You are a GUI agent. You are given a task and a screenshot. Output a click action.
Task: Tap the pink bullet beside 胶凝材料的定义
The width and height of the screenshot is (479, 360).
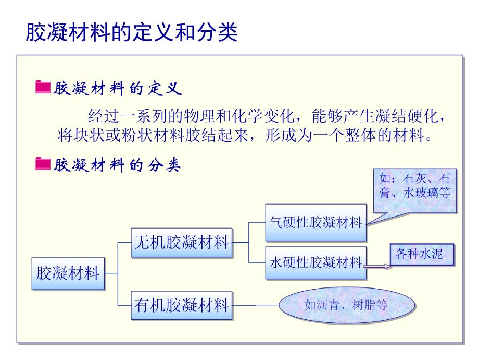(x=42, y=88)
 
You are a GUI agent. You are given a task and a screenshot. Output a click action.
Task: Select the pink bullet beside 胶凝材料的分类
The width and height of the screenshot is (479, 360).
(x=42, y=164)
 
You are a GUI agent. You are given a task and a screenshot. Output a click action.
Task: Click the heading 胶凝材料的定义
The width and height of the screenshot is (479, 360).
(x=117, y=88)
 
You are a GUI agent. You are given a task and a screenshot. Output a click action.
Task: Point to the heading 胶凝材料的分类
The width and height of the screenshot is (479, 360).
(x=117, y=165)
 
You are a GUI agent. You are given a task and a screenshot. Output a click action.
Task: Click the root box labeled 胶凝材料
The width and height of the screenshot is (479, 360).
(x=68, y=273)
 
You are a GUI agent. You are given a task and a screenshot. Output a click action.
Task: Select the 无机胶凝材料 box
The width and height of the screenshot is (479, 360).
(x=181, y=242)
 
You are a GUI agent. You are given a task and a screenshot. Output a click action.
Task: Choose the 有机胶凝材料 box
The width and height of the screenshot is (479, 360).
(x=181, y=305)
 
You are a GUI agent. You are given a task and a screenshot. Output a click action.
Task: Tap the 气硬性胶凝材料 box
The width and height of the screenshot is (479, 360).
(x=316, y=222)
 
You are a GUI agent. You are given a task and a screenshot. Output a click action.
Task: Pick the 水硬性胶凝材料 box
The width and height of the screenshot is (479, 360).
(x=316, y=262)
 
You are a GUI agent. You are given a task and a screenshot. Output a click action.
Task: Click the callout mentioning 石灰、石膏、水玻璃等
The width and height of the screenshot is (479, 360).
(x=415, y=185)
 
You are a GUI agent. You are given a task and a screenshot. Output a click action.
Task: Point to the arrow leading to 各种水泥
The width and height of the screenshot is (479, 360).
(x=376, y=266)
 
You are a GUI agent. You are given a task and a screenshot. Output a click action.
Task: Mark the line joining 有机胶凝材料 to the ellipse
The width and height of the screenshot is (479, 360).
(x=255, y=305)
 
